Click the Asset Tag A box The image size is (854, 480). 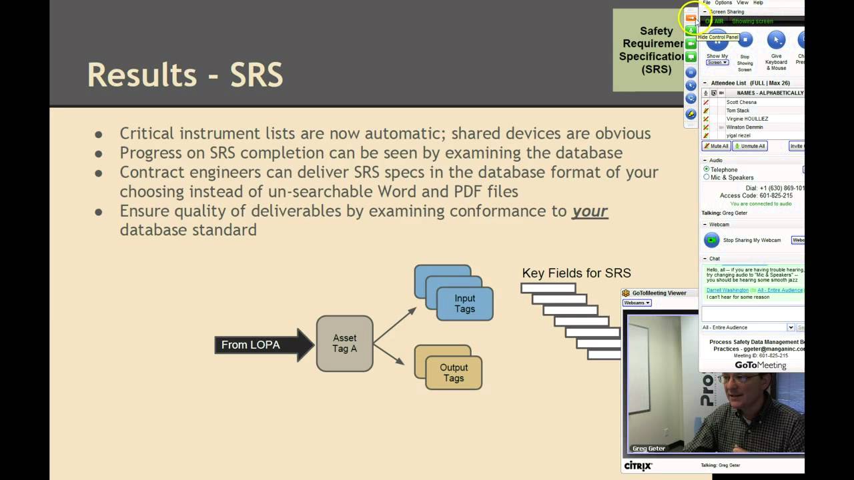coord(344,343)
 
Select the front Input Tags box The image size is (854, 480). coord(464,303)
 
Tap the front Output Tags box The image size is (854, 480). coord(453,373)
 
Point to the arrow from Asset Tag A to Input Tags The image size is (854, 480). coord(395,325)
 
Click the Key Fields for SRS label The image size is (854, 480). coord(576,273)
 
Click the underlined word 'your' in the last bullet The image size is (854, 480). coord(590,211)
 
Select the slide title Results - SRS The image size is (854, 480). coord(185,75)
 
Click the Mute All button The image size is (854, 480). coord(716,146)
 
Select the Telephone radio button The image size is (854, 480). coord(707,170)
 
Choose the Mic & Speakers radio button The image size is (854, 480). coord(707,177)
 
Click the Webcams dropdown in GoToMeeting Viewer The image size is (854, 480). coord(636,303)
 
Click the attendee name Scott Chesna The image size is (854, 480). coord(741,102)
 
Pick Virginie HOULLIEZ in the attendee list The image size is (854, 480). coord(747,119)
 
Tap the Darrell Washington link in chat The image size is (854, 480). coord(727,290)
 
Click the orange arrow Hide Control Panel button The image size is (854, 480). coord(691,18)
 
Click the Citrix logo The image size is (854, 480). coord(638,465)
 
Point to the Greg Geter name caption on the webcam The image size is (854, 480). coord(649,449)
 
